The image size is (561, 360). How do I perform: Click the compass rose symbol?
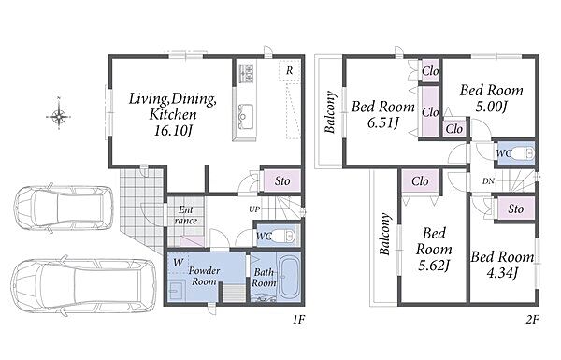[58, 116]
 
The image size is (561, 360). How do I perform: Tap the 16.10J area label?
[172, 131]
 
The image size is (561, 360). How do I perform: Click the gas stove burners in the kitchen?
[246, 73]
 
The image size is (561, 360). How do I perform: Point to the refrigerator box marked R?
[289, 71]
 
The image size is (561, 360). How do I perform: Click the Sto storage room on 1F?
[282, 181]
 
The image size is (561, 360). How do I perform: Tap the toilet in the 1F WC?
[286, 236]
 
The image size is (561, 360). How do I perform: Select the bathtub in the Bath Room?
[290, 276]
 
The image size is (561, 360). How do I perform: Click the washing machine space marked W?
[178, 263]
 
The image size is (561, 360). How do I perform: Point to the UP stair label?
[254, 209]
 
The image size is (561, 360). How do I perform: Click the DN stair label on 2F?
[488, 181]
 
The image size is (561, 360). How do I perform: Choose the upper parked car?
[64, 207]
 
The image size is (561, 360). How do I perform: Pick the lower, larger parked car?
[84, 285]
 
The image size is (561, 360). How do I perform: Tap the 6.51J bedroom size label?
[382, 123]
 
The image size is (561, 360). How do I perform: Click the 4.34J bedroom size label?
[502, 273]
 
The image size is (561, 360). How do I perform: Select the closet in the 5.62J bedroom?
[420, 181]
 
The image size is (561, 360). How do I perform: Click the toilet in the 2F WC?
[524, 153]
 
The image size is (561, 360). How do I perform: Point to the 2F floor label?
[532, 320]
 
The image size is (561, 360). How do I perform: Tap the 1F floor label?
[298, 320]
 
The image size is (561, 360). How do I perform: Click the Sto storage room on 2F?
[515, 209]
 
